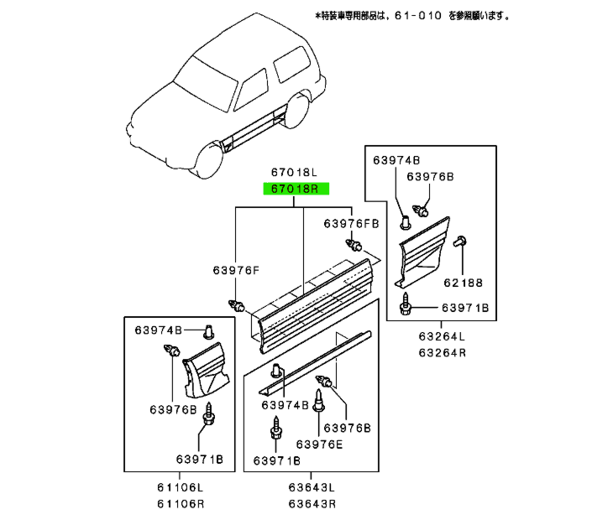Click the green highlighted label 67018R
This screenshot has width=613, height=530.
tap(298, 190)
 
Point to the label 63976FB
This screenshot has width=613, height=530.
tap(352, 224)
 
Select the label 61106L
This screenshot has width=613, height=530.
tap(179, 488)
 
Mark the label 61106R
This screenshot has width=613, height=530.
tap(179, 505)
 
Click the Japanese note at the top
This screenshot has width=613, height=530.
tap(411, 15)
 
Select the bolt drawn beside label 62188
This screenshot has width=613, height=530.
tap(460, 242)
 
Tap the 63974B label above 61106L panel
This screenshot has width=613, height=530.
tap(160, 330)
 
